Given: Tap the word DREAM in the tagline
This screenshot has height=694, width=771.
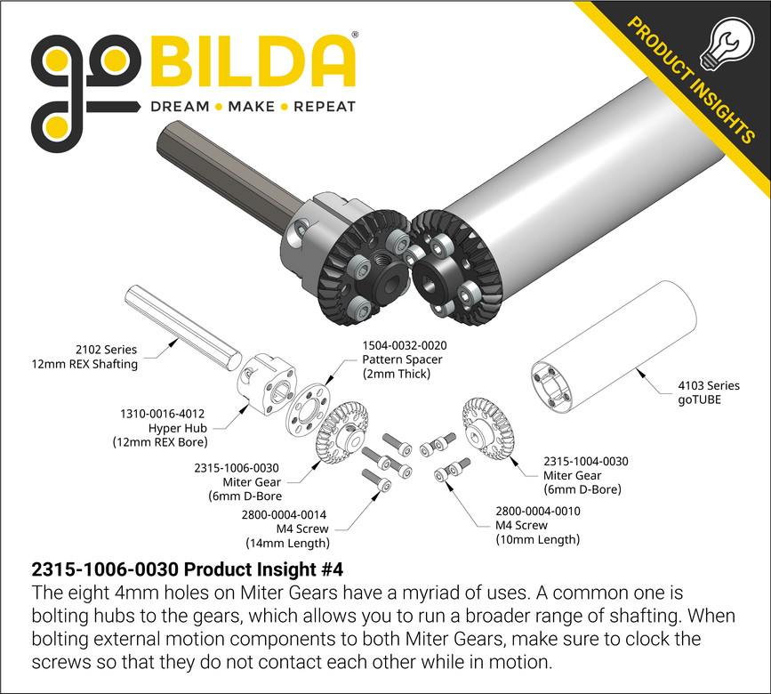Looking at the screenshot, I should pos(179,107).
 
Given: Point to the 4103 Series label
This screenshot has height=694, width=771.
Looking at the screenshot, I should pos(709,385).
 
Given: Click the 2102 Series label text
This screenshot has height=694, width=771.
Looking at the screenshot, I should pos(107,350).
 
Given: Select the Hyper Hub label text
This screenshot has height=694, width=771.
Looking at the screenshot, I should pos(174,428).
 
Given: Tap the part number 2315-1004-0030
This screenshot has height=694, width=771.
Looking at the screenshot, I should pos(586,461).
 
